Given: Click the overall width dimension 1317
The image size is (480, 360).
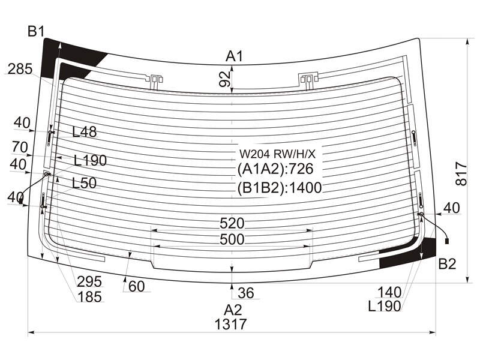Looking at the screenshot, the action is coord(230,325).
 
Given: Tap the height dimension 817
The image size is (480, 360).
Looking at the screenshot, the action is coord(461,175).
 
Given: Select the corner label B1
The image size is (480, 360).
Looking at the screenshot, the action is coord(36,32).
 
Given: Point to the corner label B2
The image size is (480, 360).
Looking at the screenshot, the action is coord(447,264).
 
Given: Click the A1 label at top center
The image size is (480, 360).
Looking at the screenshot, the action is coord(234,56).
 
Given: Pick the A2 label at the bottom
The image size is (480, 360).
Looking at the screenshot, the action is coord(233,310).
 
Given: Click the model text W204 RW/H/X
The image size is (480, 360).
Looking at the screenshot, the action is coord(277,154).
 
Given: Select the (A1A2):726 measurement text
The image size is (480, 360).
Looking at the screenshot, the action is coord(275,169).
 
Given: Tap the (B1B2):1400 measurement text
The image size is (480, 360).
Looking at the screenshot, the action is coord(280,188).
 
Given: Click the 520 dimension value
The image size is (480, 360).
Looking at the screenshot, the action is coord(232,223).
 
